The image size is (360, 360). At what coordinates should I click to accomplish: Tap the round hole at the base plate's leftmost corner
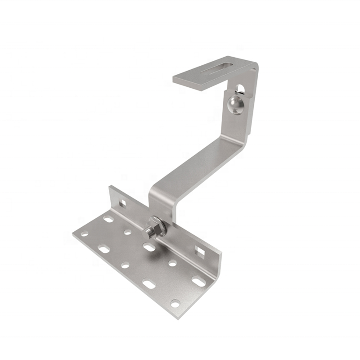click(85, 234)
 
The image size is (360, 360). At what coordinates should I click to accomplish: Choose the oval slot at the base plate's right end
click(198, 281)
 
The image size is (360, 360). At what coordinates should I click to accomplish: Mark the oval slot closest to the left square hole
click(108, 219)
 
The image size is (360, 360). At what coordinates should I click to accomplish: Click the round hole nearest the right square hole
click(173, 263)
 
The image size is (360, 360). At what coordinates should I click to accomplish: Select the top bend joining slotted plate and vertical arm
click(253, 72)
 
